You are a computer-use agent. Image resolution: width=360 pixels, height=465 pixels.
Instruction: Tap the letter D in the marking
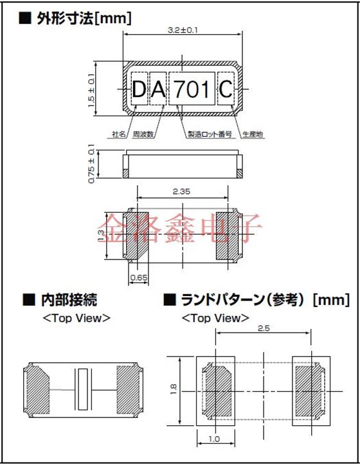(139, 91)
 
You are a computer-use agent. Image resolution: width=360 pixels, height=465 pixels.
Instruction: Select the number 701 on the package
(193, 91)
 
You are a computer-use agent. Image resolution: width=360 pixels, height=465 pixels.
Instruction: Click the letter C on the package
(226, 91)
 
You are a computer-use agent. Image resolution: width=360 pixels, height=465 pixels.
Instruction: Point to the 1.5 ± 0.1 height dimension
(91, 89)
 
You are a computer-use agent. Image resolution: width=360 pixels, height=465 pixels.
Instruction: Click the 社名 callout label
(119, 134)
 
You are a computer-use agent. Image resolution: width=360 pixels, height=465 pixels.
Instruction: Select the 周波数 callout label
(143, 134)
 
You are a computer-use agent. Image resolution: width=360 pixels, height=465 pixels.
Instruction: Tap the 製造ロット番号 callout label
(208, 134)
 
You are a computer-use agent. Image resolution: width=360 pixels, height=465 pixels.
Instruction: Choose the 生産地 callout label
(253, 134)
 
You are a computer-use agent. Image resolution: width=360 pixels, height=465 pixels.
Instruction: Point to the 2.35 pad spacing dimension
(183, 191)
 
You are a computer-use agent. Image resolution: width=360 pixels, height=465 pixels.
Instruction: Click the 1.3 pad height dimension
(102, 235)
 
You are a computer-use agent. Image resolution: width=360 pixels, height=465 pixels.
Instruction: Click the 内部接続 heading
(69, 300)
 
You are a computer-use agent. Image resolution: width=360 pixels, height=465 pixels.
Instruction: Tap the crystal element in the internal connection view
(83, 390)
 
